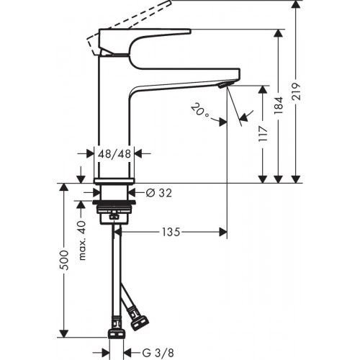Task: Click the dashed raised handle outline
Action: pos(130,14)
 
